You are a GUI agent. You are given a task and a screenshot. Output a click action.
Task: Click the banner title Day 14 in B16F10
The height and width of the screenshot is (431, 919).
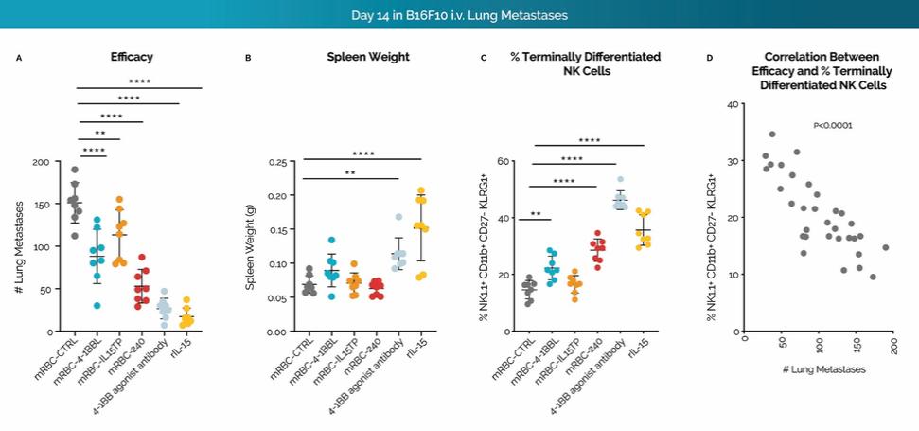[x=460, y=17]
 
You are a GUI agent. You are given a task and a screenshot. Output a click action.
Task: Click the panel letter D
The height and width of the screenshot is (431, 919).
[x=711, y=58]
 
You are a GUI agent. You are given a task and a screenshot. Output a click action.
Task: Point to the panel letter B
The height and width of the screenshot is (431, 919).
[x=248, y=58]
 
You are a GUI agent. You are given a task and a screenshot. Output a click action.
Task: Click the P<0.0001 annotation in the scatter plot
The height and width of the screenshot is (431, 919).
[x=833, y=125]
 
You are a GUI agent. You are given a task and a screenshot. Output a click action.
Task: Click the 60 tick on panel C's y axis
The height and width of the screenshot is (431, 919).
[x=504, y=162]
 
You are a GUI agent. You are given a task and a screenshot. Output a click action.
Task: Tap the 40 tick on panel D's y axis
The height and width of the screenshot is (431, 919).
[x=731, y=104]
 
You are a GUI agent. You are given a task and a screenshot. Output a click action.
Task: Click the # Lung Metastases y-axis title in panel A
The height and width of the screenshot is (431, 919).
[x=20, y=246]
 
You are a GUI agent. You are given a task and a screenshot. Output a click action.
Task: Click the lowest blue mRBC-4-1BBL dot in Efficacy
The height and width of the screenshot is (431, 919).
[x=97, y=305]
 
